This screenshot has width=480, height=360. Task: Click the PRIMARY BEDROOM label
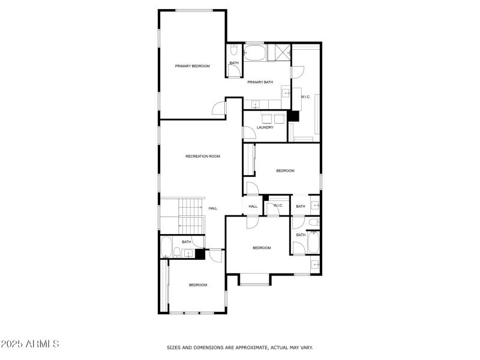[x=192, y=66]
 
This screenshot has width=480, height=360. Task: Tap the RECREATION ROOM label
[x=203, y=156]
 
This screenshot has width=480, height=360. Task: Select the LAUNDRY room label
[x=265, y=127]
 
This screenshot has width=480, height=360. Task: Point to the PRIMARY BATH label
[x=260, y=82]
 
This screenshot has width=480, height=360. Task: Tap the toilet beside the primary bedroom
[x=233, y=50]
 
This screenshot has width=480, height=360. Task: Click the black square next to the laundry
[x=293, y=116]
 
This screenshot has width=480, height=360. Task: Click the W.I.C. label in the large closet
[x=305, y=97]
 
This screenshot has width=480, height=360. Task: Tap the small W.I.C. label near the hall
[x=278, y=206]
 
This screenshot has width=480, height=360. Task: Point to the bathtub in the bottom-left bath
[x=166, y=247]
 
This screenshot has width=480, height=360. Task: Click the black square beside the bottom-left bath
[x=200, y=254]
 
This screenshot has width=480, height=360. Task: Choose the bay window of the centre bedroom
[x=254, y=279]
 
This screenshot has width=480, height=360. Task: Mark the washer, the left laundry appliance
[x=266, y=117]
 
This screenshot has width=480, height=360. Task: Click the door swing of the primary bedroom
[x=219, y=108]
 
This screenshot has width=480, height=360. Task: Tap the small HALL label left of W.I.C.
[x=253, y=206]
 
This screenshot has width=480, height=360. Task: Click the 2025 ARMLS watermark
[x=30, y=344]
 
